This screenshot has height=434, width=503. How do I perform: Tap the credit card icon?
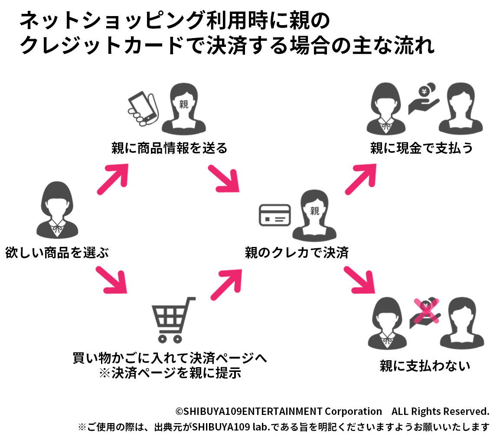click(x=274, y=215)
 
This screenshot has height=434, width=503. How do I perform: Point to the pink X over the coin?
click(x=426, y=310)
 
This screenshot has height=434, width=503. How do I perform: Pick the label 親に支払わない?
click(x=425, y=366)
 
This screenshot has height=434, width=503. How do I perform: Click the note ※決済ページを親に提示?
click(x=170, y=373)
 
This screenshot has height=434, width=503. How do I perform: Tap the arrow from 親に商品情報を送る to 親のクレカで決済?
click(x=224, y=179)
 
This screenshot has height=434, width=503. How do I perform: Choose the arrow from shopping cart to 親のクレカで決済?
click(x=226, y=282)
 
